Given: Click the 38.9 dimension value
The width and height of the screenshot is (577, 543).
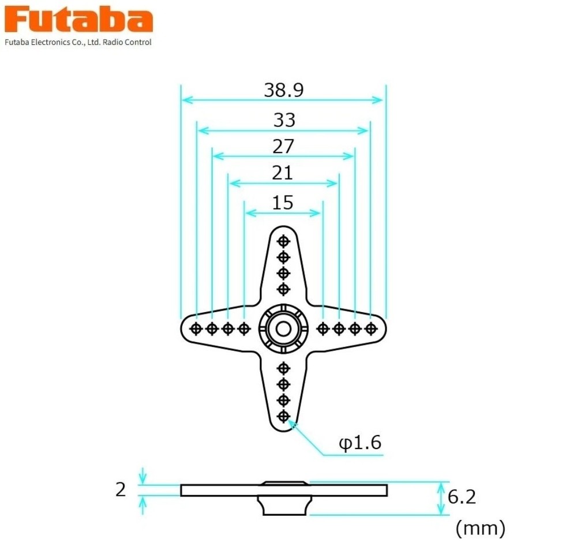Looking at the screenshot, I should click(283, 90).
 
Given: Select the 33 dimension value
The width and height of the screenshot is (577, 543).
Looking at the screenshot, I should click(284, 120).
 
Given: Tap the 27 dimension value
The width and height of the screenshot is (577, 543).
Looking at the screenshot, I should click(283, 147).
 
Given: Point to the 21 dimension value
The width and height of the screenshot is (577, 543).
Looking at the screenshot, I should click(283, 173).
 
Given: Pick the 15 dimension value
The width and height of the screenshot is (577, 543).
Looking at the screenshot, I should click(283, 203).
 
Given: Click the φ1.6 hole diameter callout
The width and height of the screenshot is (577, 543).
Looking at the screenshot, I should click(359, 443).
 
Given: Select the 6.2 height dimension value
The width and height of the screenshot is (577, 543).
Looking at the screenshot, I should click(462, 497).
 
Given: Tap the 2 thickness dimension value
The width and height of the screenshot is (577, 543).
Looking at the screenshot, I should click(121, 490).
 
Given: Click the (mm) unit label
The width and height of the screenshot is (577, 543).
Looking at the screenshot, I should click(480, 527).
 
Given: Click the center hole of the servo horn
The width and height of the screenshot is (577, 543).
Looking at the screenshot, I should click(283, 328).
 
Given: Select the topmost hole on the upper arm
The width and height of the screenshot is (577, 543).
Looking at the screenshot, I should click(283, 240).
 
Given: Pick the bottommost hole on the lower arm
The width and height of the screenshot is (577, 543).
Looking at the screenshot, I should click(283, 416).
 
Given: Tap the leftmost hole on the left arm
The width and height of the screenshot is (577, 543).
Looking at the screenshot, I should click(196, 328).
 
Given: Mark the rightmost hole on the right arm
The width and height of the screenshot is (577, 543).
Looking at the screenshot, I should click(370, 328).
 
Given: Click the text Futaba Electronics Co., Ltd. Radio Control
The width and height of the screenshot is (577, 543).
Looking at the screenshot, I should click(78, 42).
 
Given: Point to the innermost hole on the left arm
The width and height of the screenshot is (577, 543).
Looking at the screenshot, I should click(244, 328).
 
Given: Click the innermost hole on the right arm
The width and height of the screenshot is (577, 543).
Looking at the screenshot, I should click(323, 328).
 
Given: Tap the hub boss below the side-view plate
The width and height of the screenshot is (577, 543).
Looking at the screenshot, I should click(283, 505).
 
